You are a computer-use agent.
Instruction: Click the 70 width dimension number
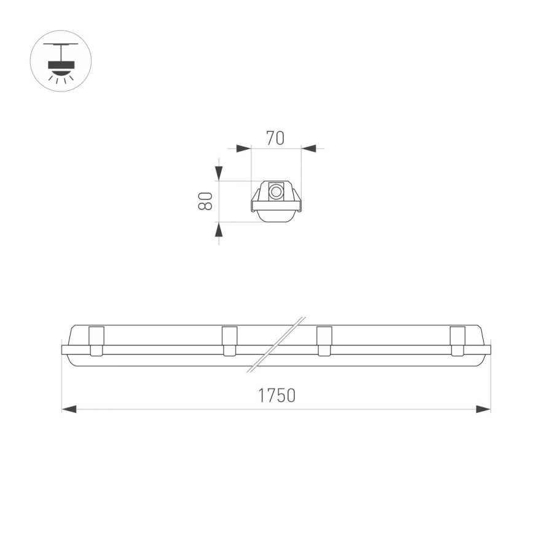[x=275, y=138]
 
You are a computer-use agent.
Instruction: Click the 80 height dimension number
[x=205, y=201]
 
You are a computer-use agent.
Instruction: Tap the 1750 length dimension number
[x=276, y=396]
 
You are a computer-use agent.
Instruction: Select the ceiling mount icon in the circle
[x=61, y=61]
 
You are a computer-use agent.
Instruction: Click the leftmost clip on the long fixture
[x=96, y=341]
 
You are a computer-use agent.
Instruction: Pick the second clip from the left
[x=229, y=341]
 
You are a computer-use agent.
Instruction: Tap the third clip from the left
[x=324, y=341]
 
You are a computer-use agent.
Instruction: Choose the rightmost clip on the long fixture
[x=457, y=341]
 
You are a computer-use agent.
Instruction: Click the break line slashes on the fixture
[x=276, y=344]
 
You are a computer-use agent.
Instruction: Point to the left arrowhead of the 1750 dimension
[x=69, y=409]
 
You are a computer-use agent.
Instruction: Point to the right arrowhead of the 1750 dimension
[x=484, y=409]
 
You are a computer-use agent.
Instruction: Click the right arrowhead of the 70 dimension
[x=308, y=148]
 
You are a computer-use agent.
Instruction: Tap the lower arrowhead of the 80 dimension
[x=219, y=229]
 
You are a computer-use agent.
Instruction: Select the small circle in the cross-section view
[x=276, y=192]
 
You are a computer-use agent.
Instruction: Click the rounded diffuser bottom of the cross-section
[x=276, y=216]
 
